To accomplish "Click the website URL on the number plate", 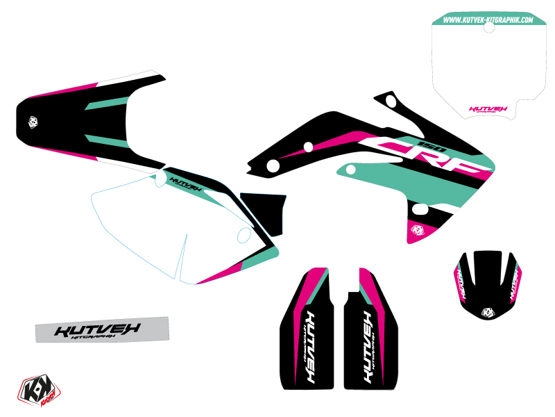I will tap(488, 20).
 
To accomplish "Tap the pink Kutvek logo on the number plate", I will tap(488, 109).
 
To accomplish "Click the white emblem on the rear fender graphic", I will tap(33, 122).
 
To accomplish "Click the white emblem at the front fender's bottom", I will tap(488, 311).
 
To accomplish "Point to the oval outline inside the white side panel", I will tap(244, 236).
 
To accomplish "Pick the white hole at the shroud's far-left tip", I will tap(273, 165).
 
